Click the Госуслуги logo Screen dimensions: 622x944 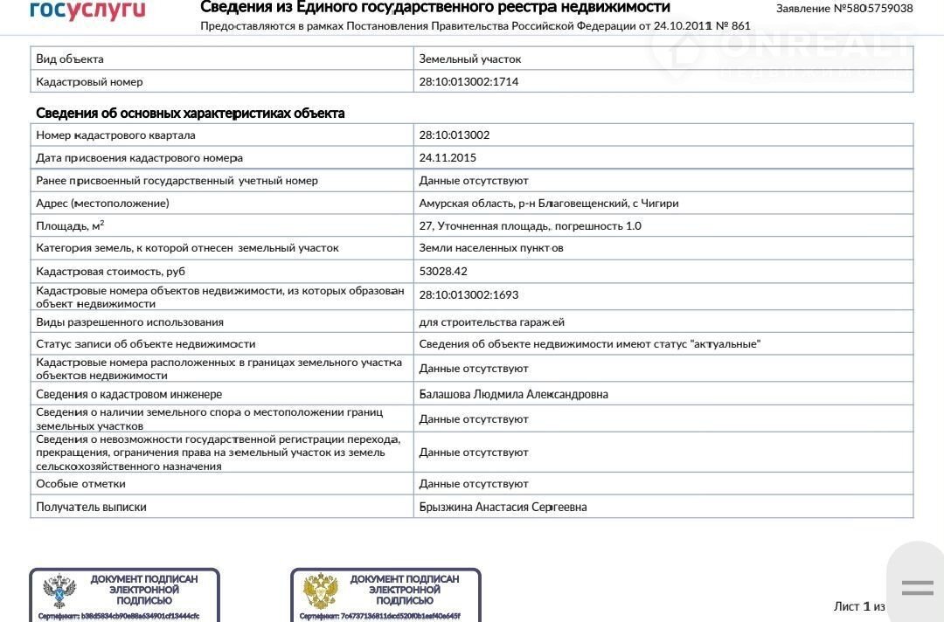coord(87,10)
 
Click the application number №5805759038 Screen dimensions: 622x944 coord(844,9)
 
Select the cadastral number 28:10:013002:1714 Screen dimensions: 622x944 coord(475,82)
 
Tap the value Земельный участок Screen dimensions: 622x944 coord(470,59)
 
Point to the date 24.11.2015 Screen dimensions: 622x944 coord(448,158)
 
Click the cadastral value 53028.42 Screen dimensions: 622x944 coord(443,272)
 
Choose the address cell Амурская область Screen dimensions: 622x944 coord(549,204)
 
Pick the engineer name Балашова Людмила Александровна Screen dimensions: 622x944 coord(514,395)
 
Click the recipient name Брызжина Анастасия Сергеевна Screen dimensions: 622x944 coord(503,508)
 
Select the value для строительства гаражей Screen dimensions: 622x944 coord(492,322)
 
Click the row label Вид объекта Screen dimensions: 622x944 coord(70,59)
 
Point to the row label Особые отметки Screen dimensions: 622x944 coord(80,484)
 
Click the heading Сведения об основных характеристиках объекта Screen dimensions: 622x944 coord(191,114)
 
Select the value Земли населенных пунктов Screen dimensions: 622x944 coord(491,249)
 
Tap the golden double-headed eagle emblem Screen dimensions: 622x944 coord(320,592)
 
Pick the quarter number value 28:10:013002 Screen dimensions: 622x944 coord(455,135)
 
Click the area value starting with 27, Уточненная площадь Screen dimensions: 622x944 coord(530,226)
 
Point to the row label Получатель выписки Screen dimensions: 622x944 coord(91,508)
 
